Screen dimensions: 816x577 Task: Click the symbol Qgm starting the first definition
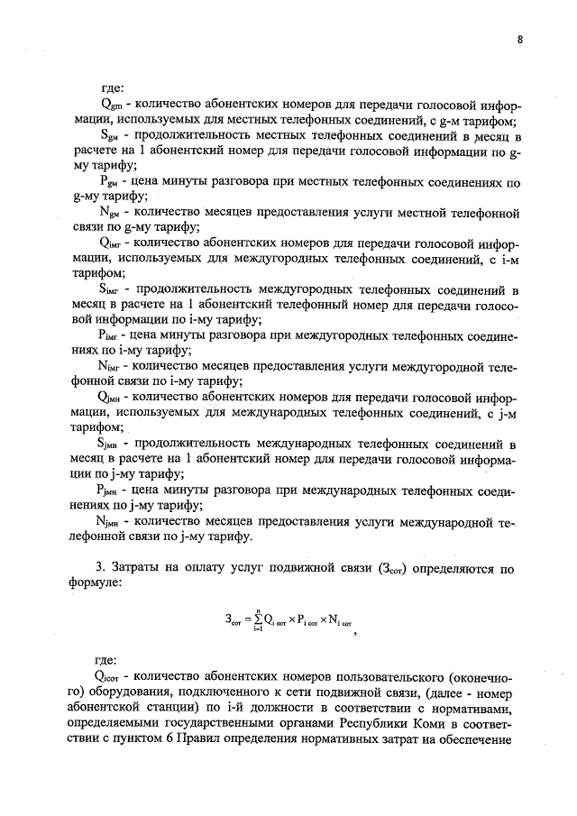click(x=112, y=105)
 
